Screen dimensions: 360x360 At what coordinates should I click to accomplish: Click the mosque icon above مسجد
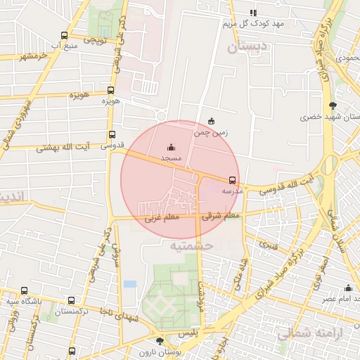pos(172,147)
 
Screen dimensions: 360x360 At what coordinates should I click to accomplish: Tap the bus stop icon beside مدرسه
pos(233,180)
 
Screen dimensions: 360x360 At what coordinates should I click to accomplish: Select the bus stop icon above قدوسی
pos(112,135)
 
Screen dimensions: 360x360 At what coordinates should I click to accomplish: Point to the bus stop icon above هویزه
pos(110,90)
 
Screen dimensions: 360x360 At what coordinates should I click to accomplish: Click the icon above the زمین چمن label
pos(212,121)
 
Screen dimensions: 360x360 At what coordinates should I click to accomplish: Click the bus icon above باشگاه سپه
pos(25,290)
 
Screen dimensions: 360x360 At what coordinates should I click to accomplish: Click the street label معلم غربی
pos(162,218)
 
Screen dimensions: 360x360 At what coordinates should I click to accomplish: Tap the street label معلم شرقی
pos(221,216)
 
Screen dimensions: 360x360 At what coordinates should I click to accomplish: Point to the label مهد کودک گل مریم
pos(253,24)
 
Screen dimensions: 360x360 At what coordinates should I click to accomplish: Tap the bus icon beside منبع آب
pos(65,35)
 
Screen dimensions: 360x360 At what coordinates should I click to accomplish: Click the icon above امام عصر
pos(348,288)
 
